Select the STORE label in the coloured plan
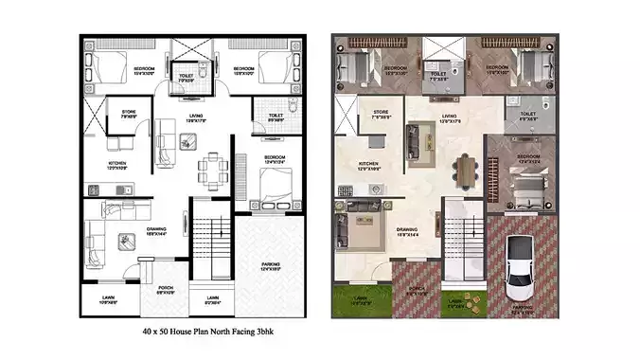pos(381,112)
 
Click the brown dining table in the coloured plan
pos(464,170)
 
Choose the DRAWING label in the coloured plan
pos(408,229)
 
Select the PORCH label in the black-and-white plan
pos(165,288)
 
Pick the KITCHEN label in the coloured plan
pos(368,164)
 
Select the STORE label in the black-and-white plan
pos(129,112)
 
